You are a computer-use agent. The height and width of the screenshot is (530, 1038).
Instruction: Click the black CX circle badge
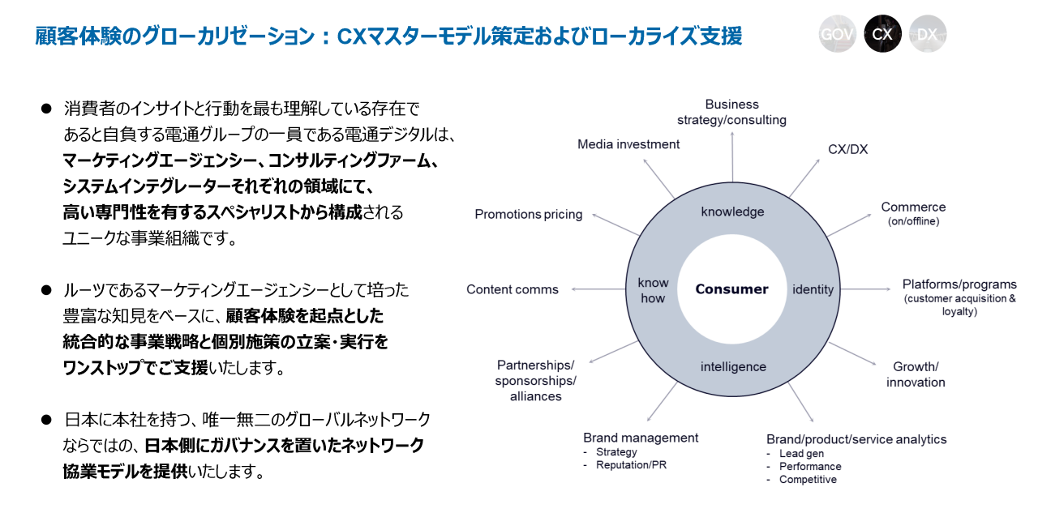coord(882,34)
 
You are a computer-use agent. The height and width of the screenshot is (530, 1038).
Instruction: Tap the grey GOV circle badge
coord(838,34)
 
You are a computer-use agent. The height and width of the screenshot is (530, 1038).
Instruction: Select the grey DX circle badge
coord(927,34)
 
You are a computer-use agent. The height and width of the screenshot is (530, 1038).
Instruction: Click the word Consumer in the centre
coord(731,289)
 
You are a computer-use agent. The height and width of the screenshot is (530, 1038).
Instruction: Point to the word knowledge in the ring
coord(732,212)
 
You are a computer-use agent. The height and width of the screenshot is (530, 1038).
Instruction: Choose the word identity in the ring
coord(813,289)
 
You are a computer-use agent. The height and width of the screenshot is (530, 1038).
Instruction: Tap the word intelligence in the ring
coord(733,366)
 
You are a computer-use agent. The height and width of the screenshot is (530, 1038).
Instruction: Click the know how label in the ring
coord(653,290)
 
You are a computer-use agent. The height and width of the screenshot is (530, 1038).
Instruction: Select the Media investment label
coord(628,144)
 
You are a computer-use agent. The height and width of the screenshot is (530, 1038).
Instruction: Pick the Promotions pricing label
coord(529,215)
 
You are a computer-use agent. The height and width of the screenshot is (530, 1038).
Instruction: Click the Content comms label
coord(513,289)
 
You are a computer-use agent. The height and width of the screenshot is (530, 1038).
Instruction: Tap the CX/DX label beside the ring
coord(847,149)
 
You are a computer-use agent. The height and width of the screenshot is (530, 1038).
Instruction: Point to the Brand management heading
coord(641,438)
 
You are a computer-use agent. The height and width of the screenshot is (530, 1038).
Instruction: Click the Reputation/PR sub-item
coord(631,465)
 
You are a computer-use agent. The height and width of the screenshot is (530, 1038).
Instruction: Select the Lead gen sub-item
coord(801,454)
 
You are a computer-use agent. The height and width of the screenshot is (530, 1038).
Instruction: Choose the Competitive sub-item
coord(808,480)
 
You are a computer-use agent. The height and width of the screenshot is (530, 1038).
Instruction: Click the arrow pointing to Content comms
coord(598,289)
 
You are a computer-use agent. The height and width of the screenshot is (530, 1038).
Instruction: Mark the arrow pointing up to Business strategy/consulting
coord(732,154)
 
